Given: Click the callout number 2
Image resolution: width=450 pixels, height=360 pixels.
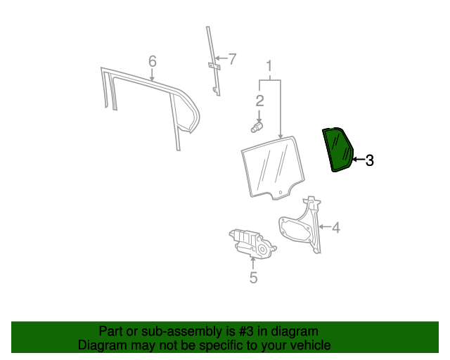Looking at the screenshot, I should [x=259, y=101].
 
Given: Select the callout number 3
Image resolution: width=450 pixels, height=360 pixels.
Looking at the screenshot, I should [x=369, y=161].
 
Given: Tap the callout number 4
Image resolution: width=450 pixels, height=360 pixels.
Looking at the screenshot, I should [x=336, y=227].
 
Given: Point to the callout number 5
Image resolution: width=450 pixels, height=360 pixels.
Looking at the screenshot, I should [x=253, y=278].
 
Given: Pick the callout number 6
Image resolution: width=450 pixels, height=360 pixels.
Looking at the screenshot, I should [x=153, y=62].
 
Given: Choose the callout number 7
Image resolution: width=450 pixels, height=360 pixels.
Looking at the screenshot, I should [x=233, y=59].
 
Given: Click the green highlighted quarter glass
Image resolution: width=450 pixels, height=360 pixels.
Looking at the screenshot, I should [x=338, y=149].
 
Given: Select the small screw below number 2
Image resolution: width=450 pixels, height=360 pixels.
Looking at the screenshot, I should [x=257, y=127].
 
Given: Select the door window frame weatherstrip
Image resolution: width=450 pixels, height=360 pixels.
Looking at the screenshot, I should [x=151, y=98].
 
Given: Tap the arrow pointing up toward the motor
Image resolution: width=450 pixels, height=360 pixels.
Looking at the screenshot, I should [x=253, y=263].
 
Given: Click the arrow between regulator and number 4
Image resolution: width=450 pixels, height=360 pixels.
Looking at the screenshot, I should [x=324, y=227].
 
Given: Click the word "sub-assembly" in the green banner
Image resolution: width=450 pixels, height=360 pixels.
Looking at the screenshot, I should [x=166, y=331].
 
